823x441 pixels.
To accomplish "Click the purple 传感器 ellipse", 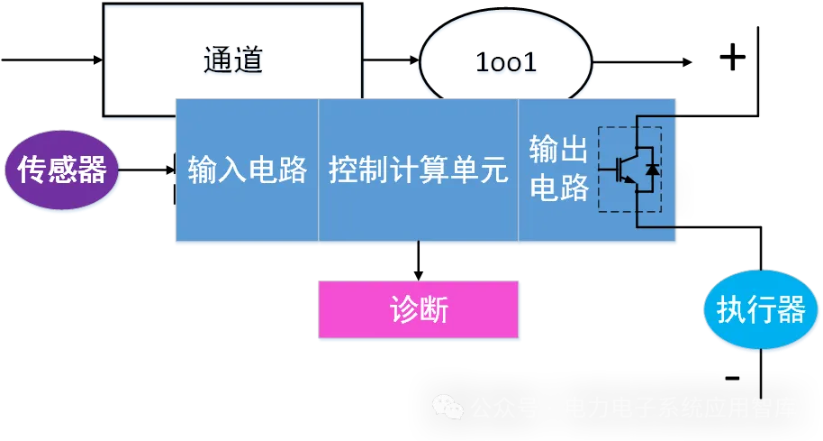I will (x=62, y=170).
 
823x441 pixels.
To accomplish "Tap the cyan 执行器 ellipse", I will (x=760, y=311).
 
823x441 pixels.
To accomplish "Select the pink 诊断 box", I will (x=419, y=309).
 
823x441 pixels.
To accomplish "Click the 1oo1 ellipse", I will (x=506, y=62).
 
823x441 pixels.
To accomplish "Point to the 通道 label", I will (x=233, y=61).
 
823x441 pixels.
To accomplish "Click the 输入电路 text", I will (x=248, y=170).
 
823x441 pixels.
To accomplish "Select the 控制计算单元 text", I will (x=419, y=170).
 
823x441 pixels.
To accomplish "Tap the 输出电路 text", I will (x=558, y=169).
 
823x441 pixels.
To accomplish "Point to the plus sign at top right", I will (x=732, y=58).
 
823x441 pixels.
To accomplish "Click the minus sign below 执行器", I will (x=732, y=377).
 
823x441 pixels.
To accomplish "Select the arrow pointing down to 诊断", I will (x=419, y=262).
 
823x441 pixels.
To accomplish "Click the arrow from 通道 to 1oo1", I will (x=392, y=61).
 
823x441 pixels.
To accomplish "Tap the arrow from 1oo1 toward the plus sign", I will (x=643, y=61).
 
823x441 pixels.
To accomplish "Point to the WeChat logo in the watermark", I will (x=446, y=408).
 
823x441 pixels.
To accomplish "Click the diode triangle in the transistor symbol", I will (x=653, y=169).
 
